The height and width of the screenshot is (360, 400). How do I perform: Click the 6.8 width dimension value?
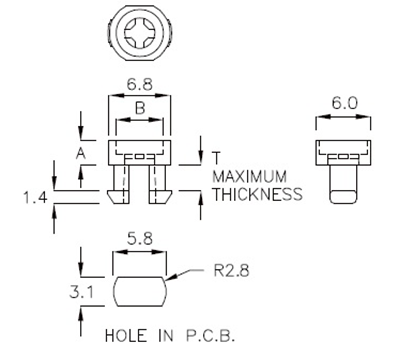pos(139,88)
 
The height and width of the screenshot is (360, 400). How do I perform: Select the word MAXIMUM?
pos(251,175)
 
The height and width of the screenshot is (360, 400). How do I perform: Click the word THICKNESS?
pos(257,193)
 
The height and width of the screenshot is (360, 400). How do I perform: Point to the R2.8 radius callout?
pos(231,269)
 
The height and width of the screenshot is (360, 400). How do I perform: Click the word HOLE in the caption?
pos(124,333)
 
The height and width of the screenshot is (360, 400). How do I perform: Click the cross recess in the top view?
pos(139,37)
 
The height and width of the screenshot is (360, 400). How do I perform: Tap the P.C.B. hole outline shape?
pos(139,292)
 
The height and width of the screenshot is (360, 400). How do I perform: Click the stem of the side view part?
pos(342,186)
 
